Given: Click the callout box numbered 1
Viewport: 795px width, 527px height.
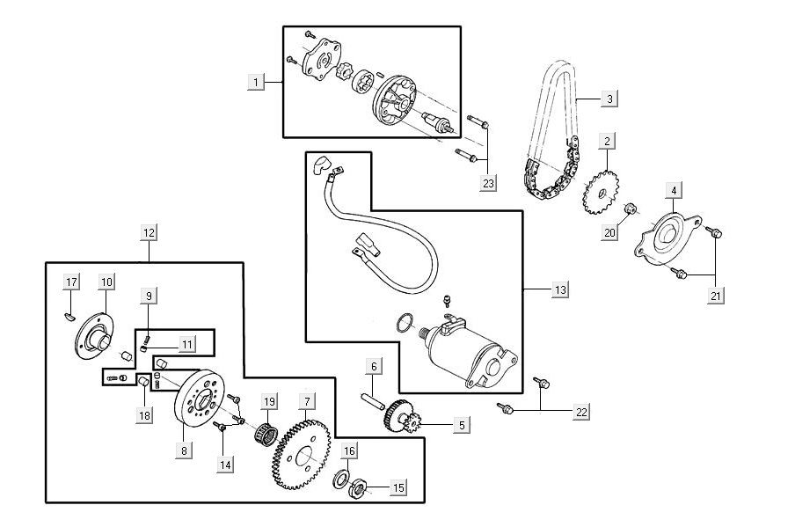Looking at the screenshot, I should (256, 83).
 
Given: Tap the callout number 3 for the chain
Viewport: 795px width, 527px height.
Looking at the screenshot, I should (609, 99).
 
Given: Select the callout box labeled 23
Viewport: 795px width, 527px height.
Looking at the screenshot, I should (489, 183).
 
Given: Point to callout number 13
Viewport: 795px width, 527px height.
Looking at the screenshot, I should (560, 289).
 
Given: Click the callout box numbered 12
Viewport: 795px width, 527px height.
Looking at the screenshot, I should (149, 233).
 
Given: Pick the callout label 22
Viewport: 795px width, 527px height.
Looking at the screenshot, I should (581, 412).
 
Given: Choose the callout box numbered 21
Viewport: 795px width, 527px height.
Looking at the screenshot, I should (717, 296).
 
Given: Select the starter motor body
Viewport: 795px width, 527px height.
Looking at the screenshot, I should (475, 356).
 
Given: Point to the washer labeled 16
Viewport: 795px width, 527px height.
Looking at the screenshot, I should (339, 480).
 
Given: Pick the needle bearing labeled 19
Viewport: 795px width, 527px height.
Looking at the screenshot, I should (266, 433).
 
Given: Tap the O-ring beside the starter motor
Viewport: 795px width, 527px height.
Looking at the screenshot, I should (403, 324).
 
